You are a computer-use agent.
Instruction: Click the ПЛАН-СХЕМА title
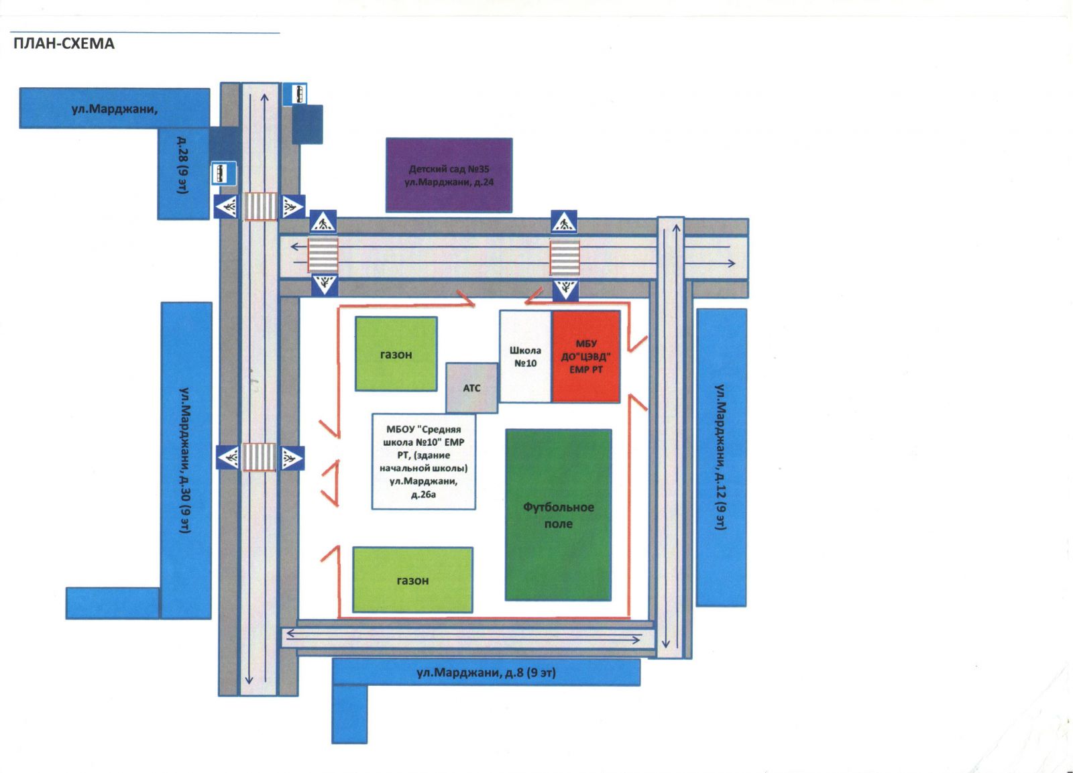pos(64,44)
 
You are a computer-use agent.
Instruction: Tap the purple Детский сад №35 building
pos(449,176)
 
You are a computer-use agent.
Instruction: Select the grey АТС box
pos(471,388)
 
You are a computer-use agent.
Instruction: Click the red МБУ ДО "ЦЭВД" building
pos(585,357)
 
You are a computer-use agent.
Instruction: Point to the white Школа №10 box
pos(525,357)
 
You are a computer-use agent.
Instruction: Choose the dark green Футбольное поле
pos(558,515)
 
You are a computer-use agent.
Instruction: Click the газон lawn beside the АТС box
pos(396,354)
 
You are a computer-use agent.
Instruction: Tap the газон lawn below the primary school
pos(412,580)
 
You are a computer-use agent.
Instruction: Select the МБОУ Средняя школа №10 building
pos(424,461)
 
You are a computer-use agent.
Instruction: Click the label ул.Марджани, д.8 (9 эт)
pos(486,672)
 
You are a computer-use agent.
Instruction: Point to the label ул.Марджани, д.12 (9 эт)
pos(721,457)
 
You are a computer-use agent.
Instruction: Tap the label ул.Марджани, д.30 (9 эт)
pos(186,460)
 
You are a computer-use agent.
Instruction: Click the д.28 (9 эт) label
pos(182,165)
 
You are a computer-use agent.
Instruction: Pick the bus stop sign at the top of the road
pos(294,94)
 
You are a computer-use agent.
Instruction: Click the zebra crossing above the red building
pos(564,257)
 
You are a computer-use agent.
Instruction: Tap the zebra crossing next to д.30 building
pos(259,457)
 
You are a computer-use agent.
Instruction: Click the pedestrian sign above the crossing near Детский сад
pos(323,221)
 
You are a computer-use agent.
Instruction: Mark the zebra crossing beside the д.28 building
pos(259,206)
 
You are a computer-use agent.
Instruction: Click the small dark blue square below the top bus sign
pos(307,124)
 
